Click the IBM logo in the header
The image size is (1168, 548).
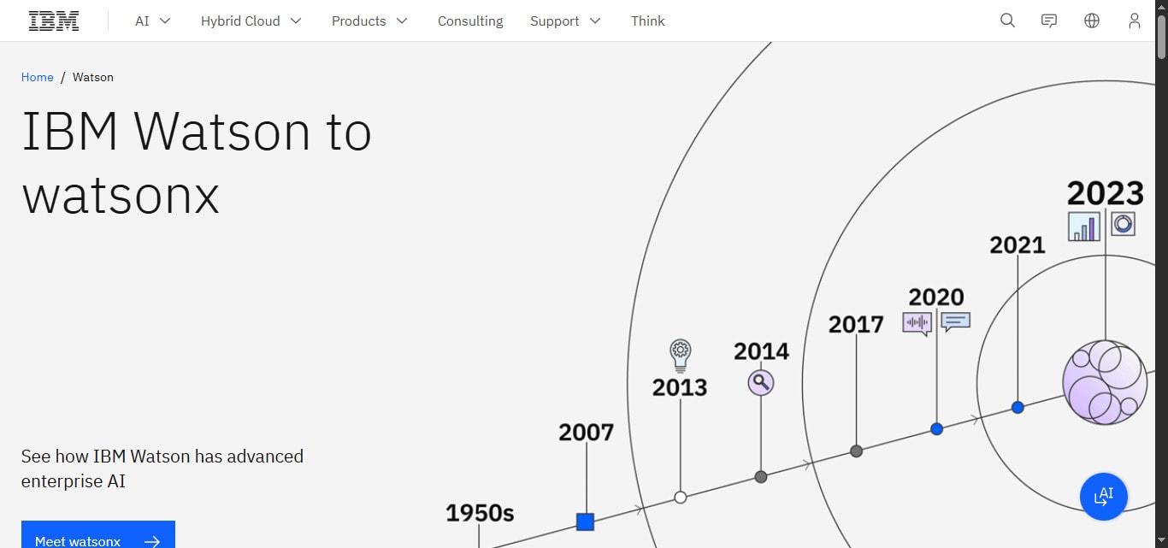coord(54,21)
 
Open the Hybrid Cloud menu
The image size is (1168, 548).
coord(251,21)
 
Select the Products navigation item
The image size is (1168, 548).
coord(369,21)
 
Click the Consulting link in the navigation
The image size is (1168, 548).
coord(470,21)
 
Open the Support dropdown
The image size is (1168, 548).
coord(565,21)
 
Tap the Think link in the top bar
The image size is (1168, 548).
coord(647,21)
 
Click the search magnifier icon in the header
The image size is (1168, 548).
coord(1007,21)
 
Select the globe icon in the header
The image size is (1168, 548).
coord(1092,21)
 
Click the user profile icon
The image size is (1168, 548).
coord(1134,21)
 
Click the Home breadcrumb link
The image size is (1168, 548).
coord(38,77)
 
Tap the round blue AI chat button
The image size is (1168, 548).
coord(1103,496)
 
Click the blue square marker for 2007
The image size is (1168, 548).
coord(585,521)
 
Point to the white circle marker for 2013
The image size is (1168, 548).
coord(681,497)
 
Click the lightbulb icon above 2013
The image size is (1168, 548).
coord(681,353)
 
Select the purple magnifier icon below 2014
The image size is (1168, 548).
coord(760,382)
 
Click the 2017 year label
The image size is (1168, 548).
coord(856,325)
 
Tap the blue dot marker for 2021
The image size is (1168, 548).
coord(1018,408)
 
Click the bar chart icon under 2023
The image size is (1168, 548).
coord(1084,227)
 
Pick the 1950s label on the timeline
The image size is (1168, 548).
coord(480,513)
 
